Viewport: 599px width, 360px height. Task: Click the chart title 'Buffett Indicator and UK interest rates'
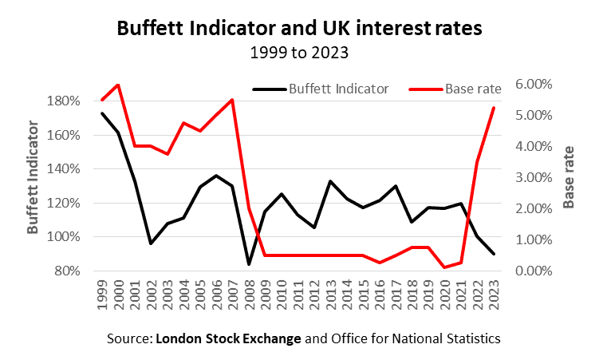(299, 29)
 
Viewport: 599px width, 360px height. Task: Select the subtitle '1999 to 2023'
(299, 55)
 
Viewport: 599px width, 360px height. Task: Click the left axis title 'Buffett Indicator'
(33, 177)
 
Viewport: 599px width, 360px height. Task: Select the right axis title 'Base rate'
(569, 177)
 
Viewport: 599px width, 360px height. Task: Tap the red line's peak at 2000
(119, 85)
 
